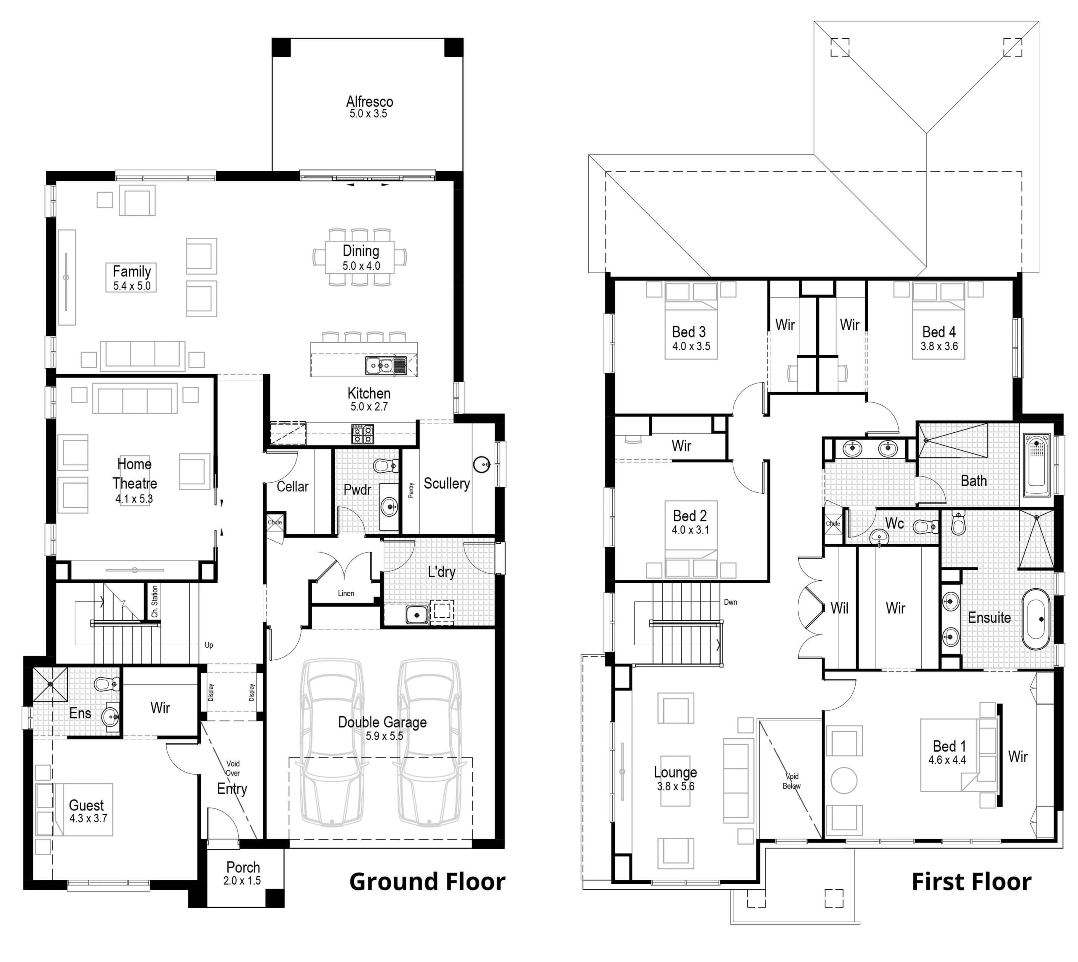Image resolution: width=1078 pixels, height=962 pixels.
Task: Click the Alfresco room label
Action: tap(369, 101)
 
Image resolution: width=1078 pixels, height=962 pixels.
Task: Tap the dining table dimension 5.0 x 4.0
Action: tap(361, 266)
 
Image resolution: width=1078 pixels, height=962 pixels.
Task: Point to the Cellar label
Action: tap(293, 486)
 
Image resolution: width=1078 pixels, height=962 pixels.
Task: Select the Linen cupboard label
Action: tap(346, 593)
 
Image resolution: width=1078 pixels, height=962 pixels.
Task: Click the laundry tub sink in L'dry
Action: tap(417, 615)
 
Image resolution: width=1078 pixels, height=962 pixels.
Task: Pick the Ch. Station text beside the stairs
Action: tap(155, 601)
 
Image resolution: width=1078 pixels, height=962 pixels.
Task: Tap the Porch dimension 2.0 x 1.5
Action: tap(242, 881)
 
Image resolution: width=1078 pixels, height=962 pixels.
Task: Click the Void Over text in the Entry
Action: tap(233, 768)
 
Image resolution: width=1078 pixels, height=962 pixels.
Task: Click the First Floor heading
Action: tap(971, 882)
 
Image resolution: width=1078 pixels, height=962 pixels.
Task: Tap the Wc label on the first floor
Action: tap(894, 523)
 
